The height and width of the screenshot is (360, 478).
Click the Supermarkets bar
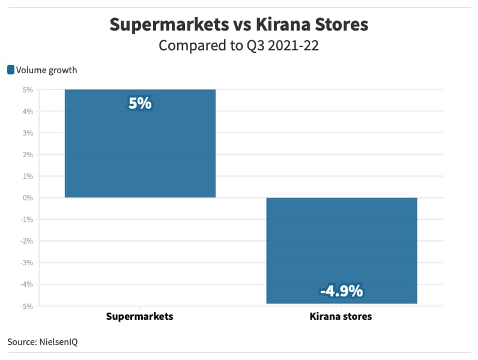click(140, 150)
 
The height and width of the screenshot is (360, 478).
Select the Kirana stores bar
click(342, 240)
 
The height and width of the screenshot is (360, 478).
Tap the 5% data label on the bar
click(140, 104)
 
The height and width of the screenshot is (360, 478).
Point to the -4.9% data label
click(342, 291)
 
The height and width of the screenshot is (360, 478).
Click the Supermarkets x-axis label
click(139, 316)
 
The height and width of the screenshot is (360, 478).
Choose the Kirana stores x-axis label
click(341, 316)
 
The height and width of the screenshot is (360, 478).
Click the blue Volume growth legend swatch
click(11, 70)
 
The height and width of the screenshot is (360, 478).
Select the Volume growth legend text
click(47, 70)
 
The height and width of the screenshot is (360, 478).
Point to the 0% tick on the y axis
click(28, 197)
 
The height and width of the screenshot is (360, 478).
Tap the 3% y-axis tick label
click(28, 133)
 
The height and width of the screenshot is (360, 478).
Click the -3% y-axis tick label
click(26, 262)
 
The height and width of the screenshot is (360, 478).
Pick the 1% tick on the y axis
click(28, 176)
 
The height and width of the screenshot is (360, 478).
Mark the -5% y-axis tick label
click(26, 305)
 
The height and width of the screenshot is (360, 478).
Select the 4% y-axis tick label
click(28, 111)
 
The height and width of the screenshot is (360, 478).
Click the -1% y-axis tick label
click(26, 219)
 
